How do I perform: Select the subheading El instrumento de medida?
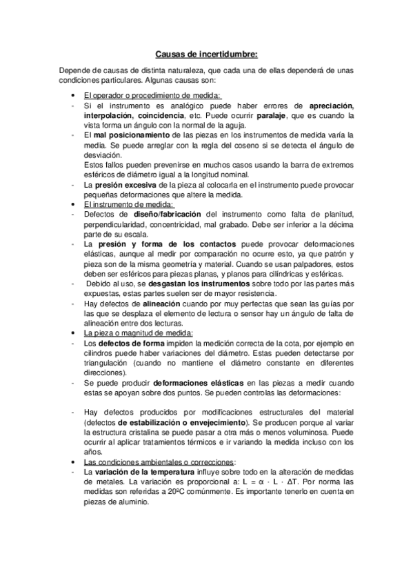[129, 204]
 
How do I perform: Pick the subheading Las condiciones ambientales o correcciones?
[158, 462]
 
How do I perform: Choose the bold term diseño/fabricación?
[165, 214]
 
